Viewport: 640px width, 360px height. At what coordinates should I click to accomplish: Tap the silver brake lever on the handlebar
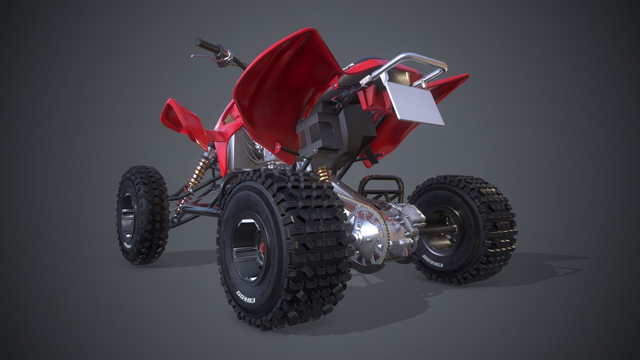201,57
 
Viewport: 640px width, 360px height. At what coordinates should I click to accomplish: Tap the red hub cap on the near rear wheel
262,247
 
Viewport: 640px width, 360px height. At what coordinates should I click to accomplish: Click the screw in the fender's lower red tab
277,147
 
